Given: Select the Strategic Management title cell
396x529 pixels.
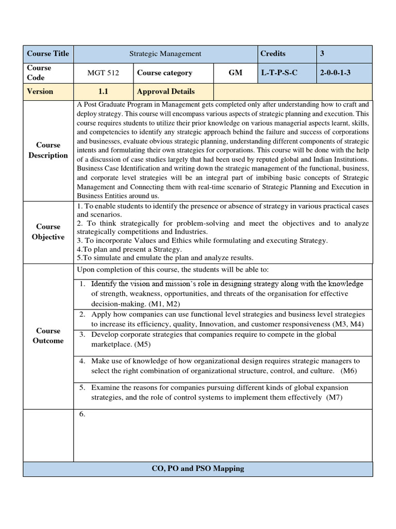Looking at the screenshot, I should point(165,54).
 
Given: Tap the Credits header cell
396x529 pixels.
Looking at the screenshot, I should point(273,54).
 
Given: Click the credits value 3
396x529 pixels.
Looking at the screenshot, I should point(322,54).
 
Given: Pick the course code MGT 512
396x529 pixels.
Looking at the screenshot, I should point(103,73).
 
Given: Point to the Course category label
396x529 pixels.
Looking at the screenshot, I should point(164,73).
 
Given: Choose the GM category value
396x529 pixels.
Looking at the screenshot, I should point(235,73).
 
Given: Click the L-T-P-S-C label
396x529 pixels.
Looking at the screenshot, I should point(279,73).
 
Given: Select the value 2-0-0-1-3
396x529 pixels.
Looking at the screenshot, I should point(337,73).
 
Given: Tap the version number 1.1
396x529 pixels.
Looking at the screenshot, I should point(103,91).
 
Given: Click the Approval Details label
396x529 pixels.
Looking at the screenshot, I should point(166,91).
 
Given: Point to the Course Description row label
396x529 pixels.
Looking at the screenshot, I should point(48,150).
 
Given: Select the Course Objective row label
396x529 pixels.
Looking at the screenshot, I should point(48,232).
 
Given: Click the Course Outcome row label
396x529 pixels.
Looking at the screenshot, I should point(48,336).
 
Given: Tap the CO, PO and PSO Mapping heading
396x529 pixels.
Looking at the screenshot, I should point(198,469).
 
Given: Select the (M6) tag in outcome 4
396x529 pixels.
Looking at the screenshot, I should point(349,371).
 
